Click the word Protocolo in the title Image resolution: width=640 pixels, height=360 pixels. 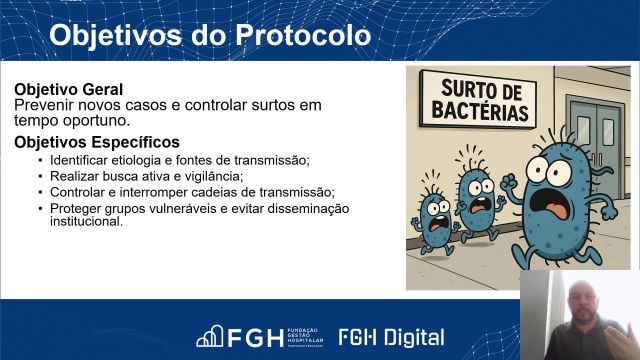click(304, 36)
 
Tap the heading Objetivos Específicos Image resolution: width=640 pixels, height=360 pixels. click(97, 142)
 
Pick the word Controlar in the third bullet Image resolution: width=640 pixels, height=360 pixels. click(76, 192)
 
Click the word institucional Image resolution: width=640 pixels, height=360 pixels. click(85, 221)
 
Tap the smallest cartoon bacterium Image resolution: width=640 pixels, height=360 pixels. click(437, 219)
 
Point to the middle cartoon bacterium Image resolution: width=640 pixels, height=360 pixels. click(479, 199)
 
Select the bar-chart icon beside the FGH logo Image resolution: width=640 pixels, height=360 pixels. click(208, 337)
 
